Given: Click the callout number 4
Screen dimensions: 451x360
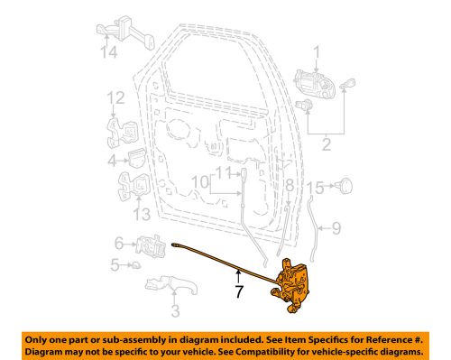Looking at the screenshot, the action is pyautogui.click(x=112, y=162).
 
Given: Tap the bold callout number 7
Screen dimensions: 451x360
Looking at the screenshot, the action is pyautogui.click(x=238, y=293).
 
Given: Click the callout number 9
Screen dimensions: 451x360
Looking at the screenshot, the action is pyautogui.click(x=335, y=228).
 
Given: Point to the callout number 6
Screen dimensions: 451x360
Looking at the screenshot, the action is pyautogui.click(x=118, y=242).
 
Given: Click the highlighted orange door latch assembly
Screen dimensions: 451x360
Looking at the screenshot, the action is pyautogui.click(x=293, y=283).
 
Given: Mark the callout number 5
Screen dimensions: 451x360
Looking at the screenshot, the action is pyautogui.click(x=114, y=264).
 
